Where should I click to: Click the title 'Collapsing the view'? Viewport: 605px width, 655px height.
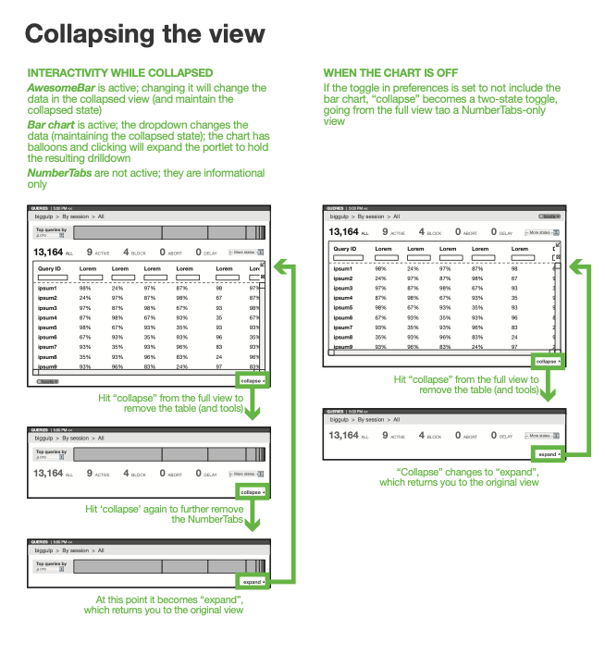click(x=144, y=34)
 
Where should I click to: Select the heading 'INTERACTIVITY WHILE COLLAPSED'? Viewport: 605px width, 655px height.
click(x=120, y=73)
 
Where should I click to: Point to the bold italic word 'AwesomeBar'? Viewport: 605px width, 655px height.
click(x=62, y=87)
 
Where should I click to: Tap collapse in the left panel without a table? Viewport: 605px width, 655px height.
click(x=252, y=492)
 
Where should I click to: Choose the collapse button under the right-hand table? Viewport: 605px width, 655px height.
click(x=548, y=361)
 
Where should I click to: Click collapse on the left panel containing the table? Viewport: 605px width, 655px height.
click(x=252, y=380)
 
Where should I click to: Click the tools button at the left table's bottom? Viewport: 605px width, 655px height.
click(x=47, y=380)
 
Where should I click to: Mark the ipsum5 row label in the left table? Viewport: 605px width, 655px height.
click(x=48, y=327)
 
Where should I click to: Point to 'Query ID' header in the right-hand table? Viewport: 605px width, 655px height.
click(x=346, y=249)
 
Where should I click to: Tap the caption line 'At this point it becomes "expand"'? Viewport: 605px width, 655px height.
click(x=170, y=599)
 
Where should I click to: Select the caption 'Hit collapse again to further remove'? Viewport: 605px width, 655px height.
click(x=165, y=509)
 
